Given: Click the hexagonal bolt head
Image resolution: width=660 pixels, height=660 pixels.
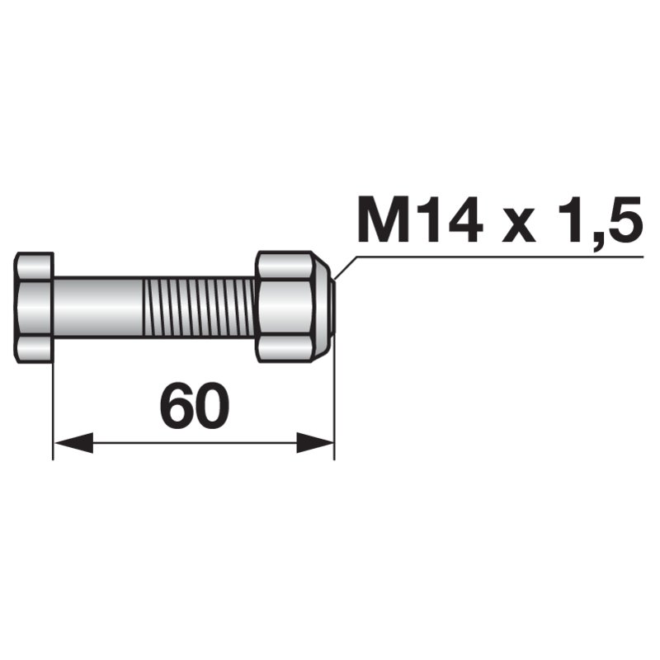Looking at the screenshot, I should [35, 307].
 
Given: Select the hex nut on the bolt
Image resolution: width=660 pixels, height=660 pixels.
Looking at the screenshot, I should [285, 307].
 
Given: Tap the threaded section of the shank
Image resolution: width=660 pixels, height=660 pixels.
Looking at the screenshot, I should [198, 307].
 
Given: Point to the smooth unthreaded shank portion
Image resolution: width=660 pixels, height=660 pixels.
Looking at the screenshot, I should [99, 307].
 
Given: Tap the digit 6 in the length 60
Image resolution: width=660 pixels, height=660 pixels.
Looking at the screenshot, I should [177, 405].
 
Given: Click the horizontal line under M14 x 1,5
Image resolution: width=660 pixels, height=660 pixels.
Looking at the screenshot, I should [495, 256].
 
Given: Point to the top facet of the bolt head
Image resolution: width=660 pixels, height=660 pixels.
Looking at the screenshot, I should [35, 266].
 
